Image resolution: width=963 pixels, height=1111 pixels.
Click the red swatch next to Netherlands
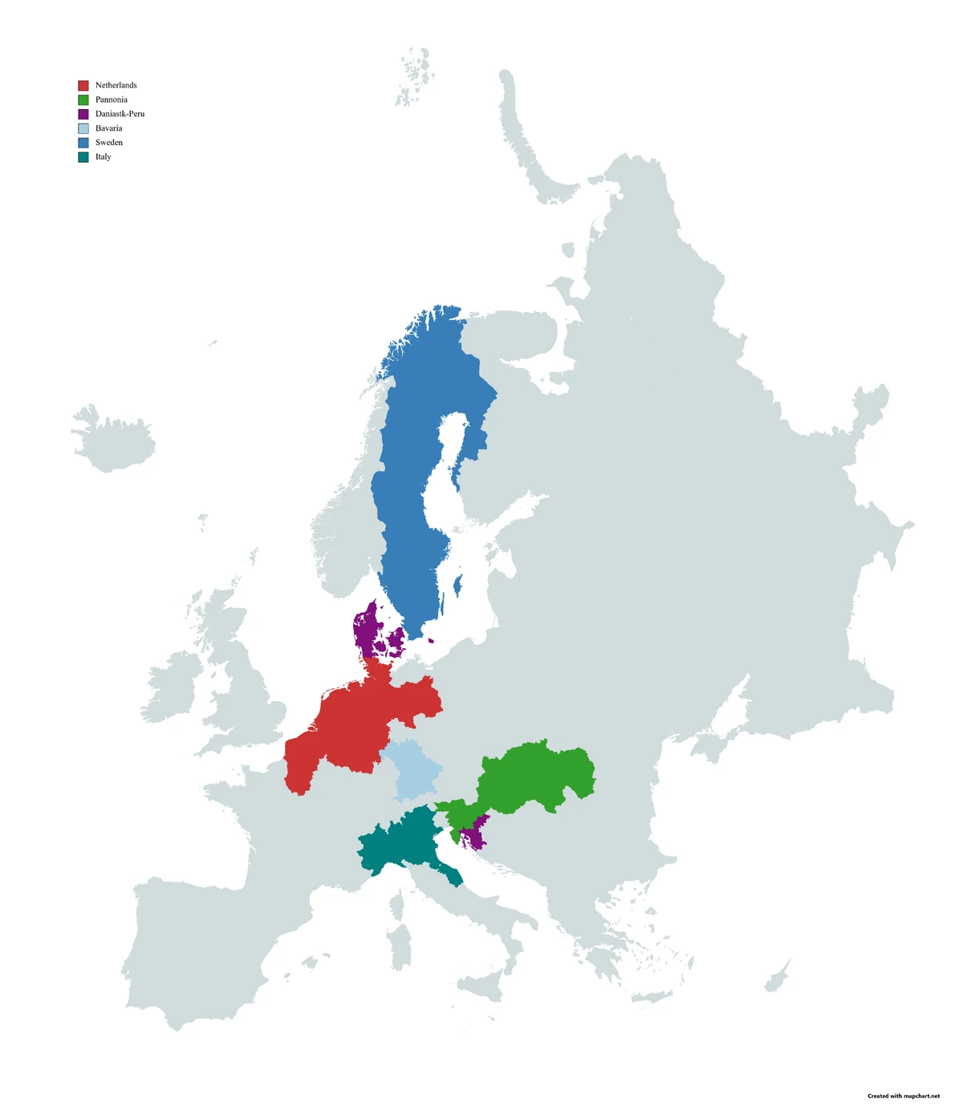pyautogui.click(x=83, y=85)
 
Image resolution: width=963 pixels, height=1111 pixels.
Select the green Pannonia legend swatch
pyautogui.click(x=83, y=99)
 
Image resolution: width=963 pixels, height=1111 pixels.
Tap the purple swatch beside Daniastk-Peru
pyautogui.click(x=83, y=114)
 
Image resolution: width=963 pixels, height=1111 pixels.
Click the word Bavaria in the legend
pyautogui.click(x=108, y=128)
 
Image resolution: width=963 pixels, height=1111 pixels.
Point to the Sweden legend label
pyautogui.click(x=108, y=143)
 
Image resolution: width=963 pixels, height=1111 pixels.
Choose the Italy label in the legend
pyautogui.click(x=103, y=157)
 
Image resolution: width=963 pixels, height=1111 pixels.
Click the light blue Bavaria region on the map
pyautogui.click(x=414, y=770)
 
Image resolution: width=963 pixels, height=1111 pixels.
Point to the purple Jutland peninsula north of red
pyautogui.click(x=366, y=630)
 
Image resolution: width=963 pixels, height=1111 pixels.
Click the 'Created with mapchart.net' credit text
pyautogui.click(x=903, y=1096)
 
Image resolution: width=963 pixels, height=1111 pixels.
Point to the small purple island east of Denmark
pyautogui.click(x=431, y=640)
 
